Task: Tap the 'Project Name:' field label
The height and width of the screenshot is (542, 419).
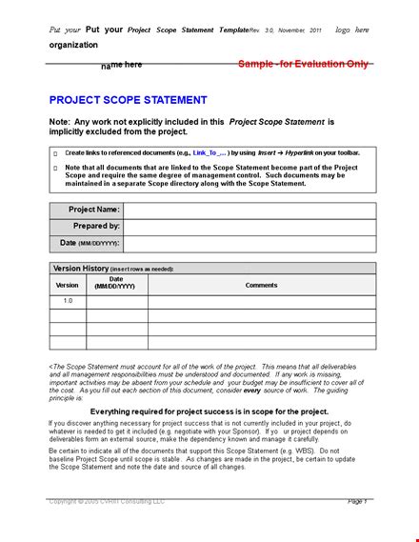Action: (x=94, y=210)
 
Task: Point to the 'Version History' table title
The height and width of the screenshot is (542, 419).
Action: (x=81, y=269)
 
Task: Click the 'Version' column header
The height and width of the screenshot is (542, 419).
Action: (x=67, y=285)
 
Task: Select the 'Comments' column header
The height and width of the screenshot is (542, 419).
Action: (x=261, y=285)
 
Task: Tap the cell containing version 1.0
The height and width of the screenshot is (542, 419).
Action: (x=67, y=301)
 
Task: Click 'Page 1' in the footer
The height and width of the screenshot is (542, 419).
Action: (x=357, y=501)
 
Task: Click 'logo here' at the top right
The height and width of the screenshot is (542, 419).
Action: (x=353, y=30)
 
